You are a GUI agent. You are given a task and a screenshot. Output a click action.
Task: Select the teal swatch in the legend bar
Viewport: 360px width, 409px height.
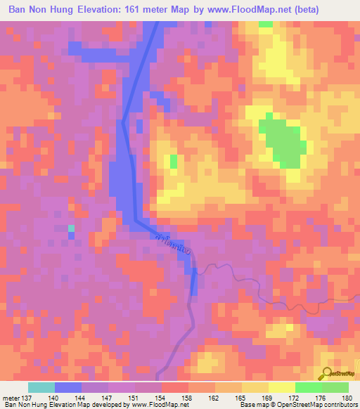coord(41,387)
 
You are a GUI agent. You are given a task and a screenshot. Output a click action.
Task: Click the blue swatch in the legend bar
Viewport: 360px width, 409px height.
coord(68,387)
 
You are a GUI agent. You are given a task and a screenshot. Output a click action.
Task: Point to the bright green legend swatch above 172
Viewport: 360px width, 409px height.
coord(309,387)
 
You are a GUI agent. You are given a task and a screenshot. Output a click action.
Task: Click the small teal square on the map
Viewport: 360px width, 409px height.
coord(71,228)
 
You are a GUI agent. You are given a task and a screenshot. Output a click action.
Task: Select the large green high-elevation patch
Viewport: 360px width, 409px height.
coord(283,141)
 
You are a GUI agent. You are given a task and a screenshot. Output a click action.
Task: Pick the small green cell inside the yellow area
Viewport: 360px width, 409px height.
coord(174,161)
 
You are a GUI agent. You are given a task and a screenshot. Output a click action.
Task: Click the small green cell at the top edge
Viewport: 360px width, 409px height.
coord(265,24)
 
